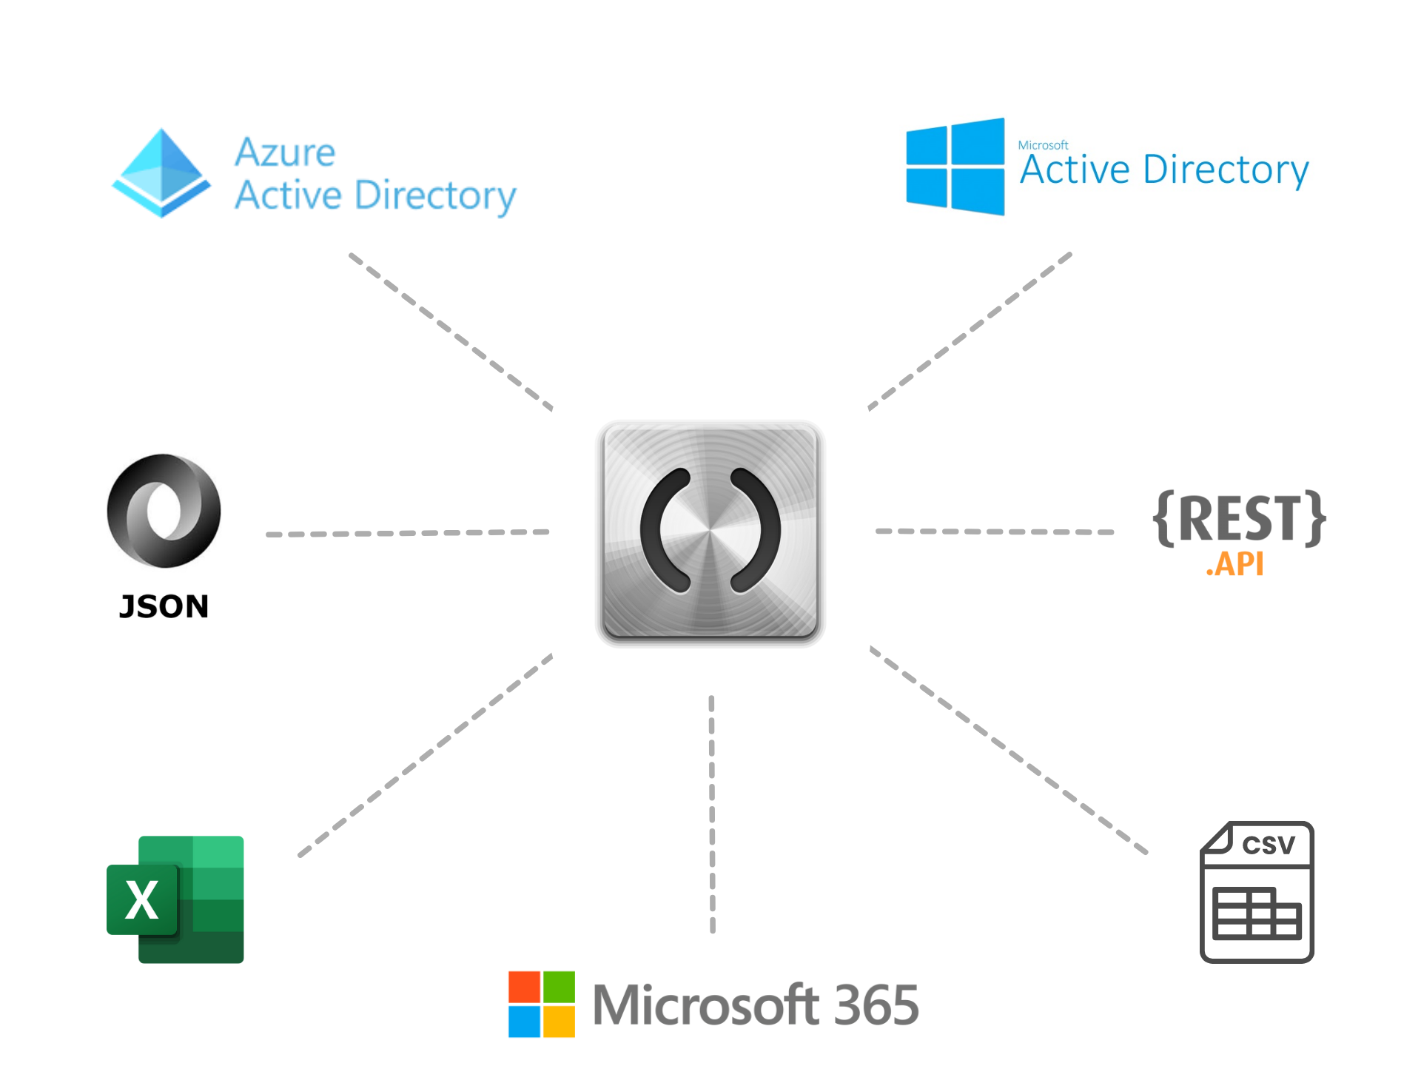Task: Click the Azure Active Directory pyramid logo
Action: point(161,173)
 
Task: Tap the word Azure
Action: point(285,152)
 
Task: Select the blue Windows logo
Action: point(955,167)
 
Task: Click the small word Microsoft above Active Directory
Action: point(1043,145)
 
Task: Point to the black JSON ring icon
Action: point(164,511)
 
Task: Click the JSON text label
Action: point(164,606)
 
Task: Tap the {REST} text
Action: point(1239,518)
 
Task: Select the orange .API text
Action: point(1234,564)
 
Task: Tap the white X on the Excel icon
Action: point(141,900)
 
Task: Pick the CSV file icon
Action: point(1256,892)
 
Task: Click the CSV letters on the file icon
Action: point(1268,845)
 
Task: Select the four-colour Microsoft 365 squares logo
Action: point(541,1005)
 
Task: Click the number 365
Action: point(876,1005)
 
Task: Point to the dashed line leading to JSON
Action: point(407,533)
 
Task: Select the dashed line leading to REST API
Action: point(994,532)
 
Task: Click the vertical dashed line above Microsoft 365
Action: point(712,814)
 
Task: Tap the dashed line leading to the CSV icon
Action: point(1008,751)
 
